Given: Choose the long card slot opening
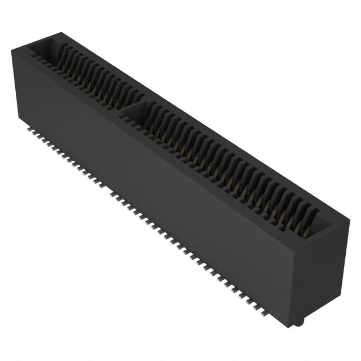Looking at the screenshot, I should [x=226, y=164].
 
